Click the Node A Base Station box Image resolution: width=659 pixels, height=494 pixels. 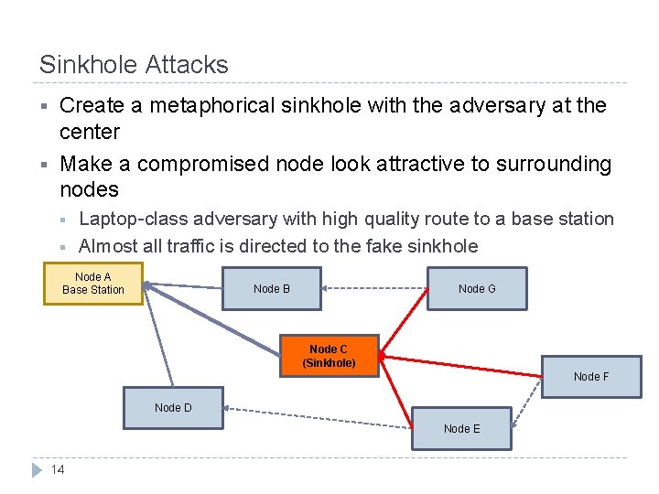tap(93, 284)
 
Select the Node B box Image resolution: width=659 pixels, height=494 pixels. tap(272, 289)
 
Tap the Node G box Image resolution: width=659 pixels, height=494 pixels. tap(477, 289)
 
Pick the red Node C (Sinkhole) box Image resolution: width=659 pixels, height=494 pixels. tap(329, 356)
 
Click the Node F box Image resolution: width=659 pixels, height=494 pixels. tap(590, 376)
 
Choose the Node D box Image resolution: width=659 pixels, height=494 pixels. tap(173, 408)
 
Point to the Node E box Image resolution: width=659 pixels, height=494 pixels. tap(461, 428)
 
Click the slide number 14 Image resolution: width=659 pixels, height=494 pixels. tap(58, 469)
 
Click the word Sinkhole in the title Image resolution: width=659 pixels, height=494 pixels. tap(84, 65)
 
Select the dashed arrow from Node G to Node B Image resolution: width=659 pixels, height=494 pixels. tap(375, 289)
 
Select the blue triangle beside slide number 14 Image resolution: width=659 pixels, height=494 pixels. tap(37, 470)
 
